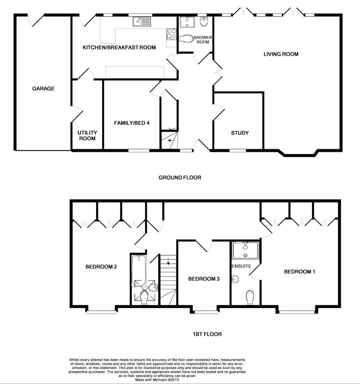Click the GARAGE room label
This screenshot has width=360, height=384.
[43, 89]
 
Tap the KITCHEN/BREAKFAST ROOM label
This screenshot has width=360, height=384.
[119, 48]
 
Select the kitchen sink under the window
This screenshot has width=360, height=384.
[142, 22]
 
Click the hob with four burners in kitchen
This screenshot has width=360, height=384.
[171, 34]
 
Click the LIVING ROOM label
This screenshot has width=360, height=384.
[281, 54]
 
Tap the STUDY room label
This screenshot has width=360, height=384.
[239, 133]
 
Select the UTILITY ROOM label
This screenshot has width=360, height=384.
[87, 136]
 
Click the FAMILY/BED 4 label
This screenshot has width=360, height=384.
[132, 123]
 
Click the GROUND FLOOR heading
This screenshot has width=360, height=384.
[180, 177]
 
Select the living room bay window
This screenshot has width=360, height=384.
[298, 154]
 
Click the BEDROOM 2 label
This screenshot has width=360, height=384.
[101, 267]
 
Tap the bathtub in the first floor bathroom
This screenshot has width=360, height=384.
[139, 270]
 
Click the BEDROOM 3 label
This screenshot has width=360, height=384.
[204, 279]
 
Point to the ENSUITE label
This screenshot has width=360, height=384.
[241, 266]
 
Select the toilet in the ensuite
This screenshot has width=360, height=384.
[250, 297]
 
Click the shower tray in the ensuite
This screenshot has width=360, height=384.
[246, 250]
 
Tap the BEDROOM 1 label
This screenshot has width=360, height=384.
[300, 272]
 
